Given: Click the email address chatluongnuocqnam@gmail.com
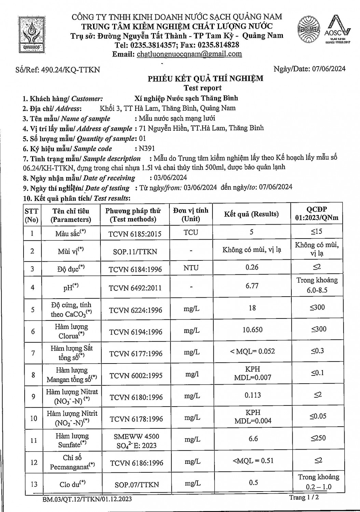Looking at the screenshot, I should pos(189,54).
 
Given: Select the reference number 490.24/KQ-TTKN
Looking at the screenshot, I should pos(70,70).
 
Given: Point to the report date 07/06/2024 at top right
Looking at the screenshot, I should pos(329,69).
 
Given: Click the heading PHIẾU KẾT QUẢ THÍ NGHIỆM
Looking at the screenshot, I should pos(205,79).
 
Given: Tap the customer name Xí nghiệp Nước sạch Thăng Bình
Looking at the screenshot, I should pos(186,98).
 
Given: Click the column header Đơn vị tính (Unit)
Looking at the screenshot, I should pos(191,214).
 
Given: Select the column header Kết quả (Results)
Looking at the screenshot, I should pos(251,214).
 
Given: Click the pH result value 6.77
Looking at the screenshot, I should pos(252,286).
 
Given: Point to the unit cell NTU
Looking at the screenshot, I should pos(191,268).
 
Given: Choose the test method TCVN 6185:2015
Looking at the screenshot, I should pos(135,234).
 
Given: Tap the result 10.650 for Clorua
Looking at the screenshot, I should pos(252,330).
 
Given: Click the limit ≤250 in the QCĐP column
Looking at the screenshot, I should pos(318,438).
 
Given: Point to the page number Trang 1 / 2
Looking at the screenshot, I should pos(304,497).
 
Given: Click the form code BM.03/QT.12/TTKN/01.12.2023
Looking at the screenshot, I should pos(87,499).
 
